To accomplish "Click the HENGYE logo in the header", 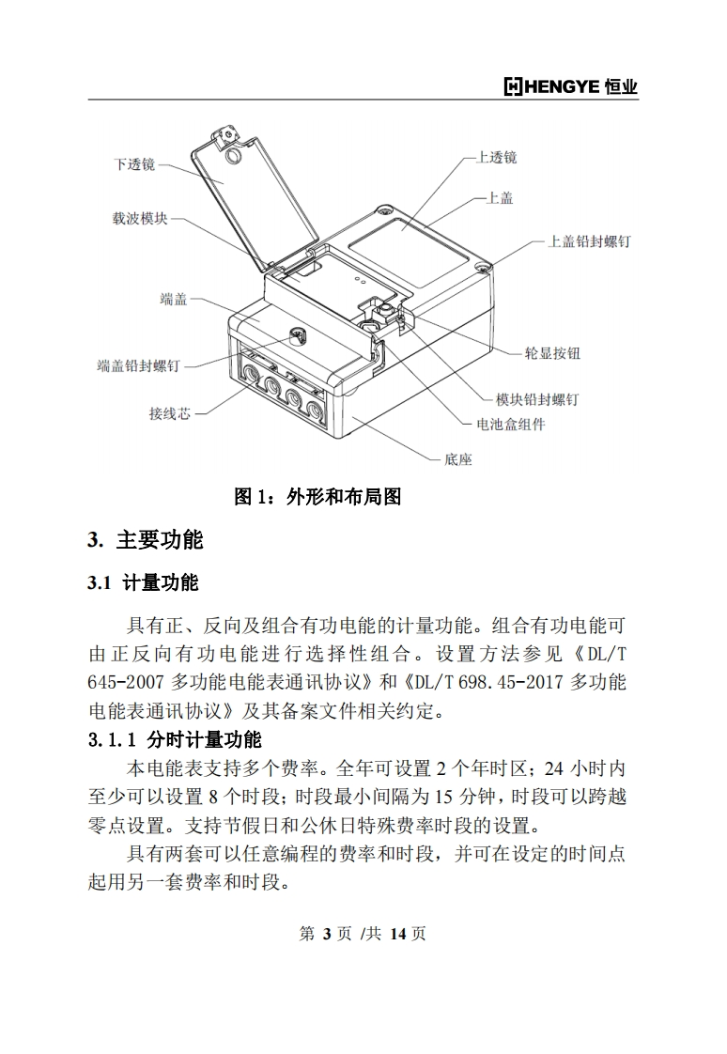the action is tap(570, 86).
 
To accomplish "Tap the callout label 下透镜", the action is tap(134, 164).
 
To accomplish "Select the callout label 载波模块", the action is tap(140, 219).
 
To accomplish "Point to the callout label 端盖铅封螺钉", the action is tap(139, 365).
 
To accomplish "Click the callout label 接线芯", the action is tap(170, 413).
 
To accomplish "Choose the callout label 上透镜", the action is tap(497, 157).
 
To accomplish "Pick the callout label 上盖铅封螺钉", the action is tap(589, 241).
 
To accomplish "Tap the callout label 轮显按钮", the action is tap(552, 353).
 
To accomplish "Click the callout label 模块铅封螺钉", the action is tap(537, 399).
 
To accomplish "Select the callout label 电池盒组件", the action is tap(511, 425).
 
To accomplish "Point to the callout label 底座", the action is tap(458, 459).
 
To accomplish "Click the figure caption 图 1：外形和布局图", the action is tap(317, 497).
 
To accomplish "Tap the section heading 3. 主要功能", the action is tap(146, 540).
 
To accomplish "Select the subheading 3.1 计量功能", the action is tap(143, 582).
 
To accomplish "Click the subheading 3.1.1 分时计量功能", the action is tap(175, 740).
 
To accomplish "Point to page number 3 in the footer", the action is tap(327, 934).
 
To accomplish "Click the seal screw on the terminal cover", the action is tap(296, 335).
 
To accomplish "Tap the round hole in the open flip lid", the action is tap(235, 156).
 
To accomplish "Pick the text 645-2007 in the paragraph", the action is tap(126, 682).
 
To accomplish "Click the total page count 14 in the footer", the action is tap(397, 934).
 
